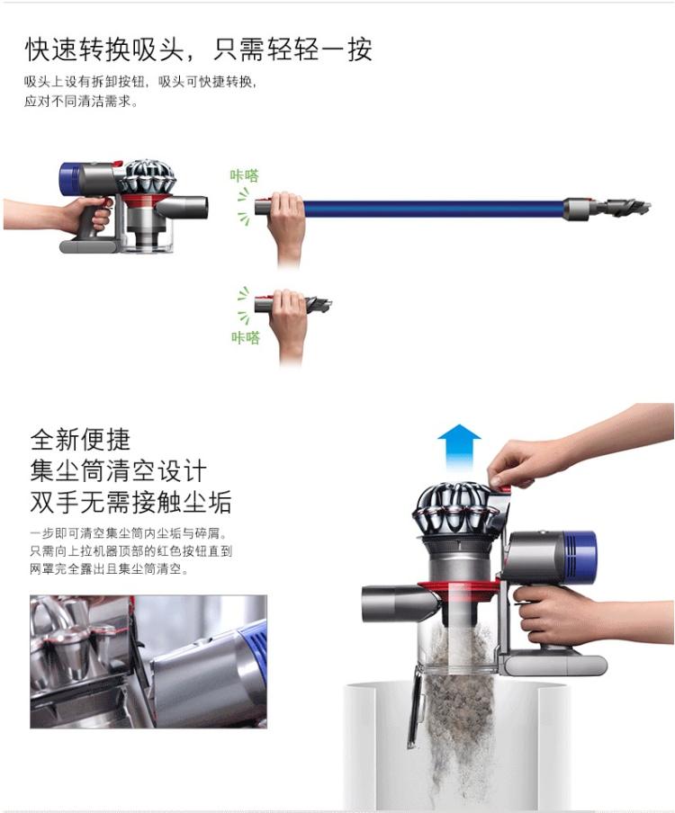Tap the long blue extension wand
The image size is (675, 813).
point(433,209)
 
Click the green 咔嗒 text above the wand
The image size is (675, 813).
point(245,175)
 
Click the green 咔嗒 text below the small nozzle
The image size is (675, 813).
point(246,338)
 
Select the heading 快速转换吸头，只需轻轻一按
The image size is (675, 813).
point(199,49)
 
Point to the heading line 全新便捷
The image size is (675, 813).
point(80,440)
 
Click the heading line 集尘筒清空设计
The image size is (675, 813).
point(118,470)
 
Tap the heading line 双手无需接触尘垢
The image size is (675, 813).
point(130,502)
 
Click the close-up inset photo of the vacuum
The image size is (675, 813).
point(148,662)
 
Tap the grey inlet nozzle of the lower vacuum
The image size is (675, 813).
point(400,604)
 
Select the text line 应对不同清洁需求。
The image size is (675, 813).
point(82,101)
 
